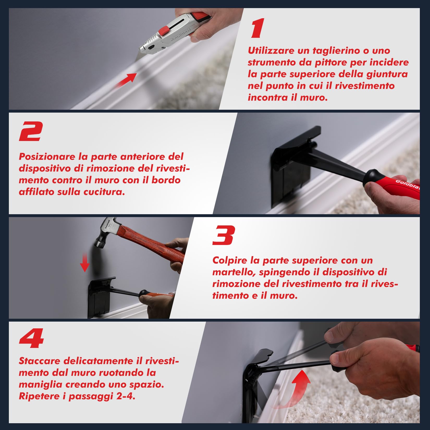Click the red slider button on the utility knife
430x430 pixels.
pyautogui.click(x=164, y=30)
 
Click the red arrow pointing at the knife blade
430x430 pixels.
pyautogui.click(x=126, y=80)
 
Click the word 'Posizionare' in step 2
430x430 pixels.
pyautogui.click(x=47, y=157)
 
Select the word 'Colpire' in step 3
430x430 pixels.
pyautogui.click(x=229, y=260)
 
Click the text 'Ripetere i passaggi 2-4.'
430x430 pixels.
pyautogui.click(x=77, y=396)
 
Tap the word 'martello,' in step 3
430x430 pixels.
pyautogui.click(x=234, y=272)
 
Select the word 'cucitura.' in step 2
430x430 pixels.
pyautogui.click(x=104, y=192)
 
